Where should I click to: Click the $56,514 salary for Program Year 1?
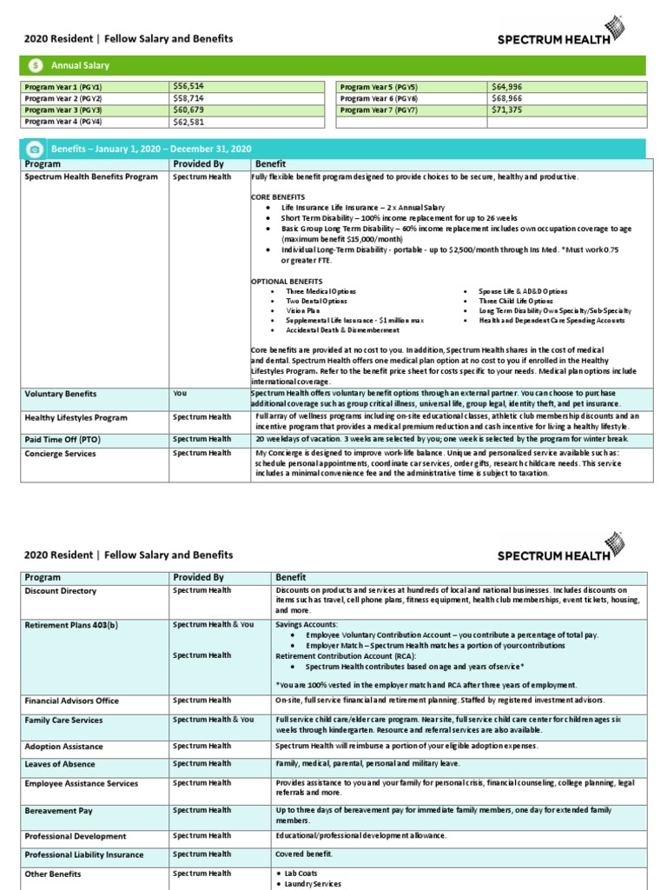188,87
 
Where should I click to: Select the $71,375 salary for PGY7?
507,110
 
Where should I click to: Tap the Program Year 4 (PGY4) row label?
63,123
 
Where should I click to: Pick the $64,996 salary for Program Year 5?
507,87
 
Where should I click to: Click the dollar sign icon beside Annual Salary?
34,65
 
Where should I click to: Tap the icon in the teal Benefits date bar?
34,149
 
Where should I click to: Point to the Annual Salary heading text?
80,65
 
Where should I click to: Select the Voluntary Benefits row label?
61,394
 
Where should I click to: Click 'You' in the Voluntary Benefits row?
180,393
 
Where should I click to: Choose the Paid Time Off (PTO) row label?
63,440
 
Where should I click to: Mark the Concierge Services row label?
60,454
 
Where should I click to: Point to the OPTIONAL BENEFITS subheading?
287,281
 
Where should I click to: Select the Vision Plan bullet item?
302,310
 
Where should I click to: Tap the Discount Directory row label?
60,591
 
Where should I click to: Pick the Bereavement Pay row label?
58,811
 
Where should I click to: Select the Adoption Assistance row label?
63,747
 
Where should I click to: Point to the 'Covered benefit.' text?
305,853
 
